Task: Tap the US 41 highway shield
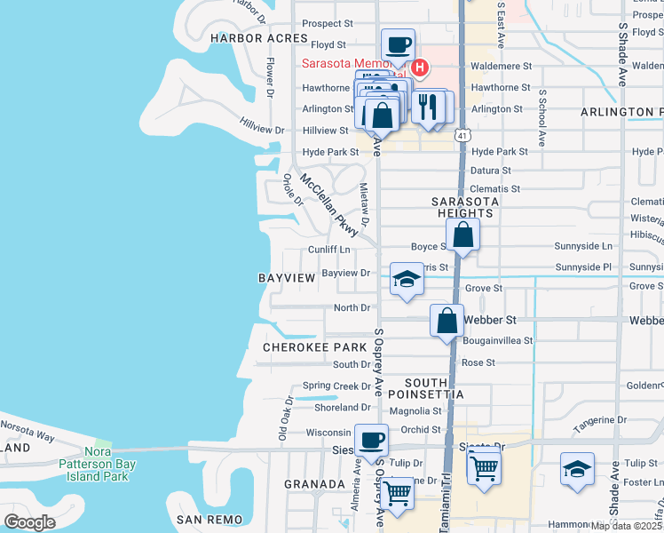(462, 135)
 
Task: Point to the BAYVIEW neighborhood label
(287, 278)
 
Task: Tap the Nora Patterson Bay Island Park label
(93, 469)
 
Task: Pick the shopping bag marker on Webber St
(447, 319)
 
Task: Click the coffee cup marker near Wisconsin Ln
(371, 439)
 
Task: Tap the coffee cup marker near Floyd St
(398, 43)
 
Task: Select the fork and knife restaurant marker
(428, 107)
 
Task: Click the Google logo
(29, 522)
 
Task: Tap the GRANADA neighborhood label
(314, 484)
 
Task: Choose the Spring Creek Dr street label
(336, 386)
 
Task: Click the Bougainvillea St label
(496, 340)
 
